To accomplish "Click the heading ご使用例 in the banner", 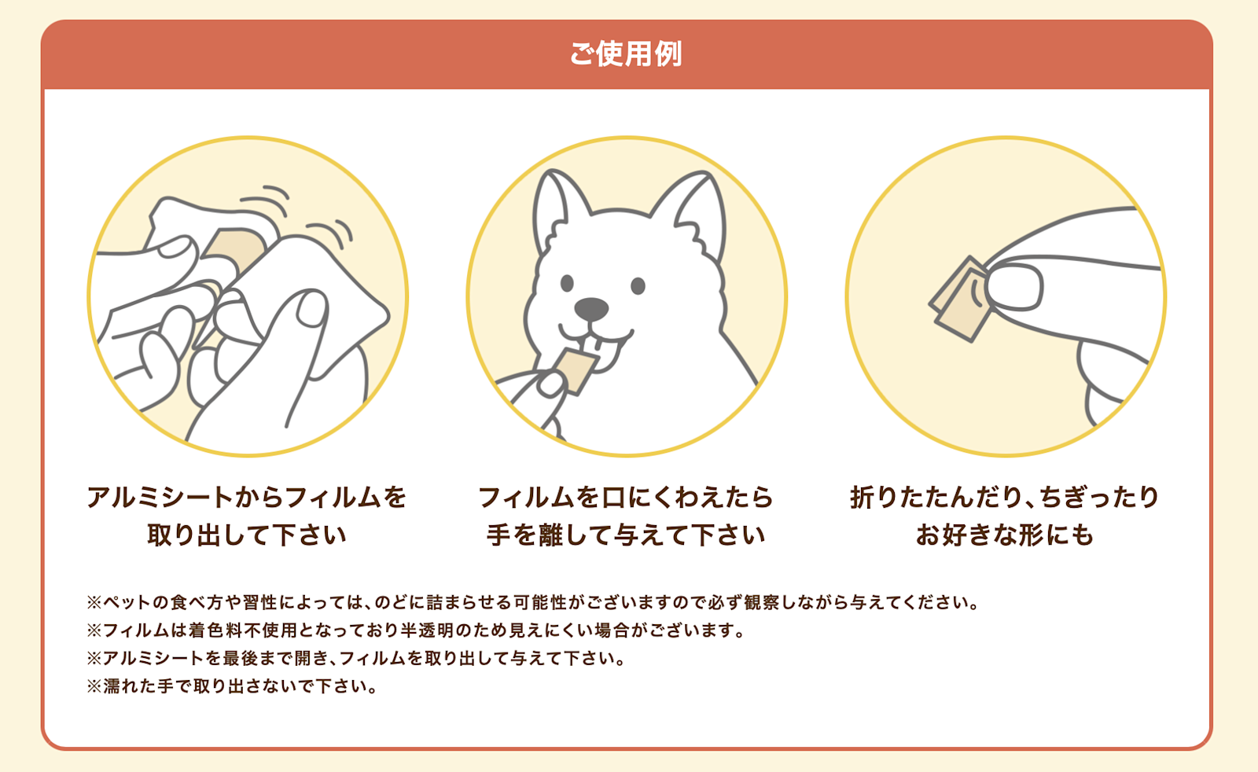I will (626, 53).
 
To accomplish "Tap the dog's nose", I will (591, 309).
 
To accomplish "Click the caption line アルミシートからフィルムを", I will (247, 497).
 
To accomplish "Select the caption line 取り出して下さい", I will (247, 535).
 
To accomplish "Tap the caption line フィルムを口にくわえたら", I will (626, 497).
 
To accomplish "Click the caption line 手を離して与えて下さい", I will (626, 535).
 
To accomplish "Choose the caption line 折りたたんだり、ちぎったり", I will (1005, 497).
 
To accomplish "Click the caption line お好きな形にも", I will (1005, 535).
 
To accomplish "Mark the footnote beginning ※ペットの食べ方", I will (533, 603).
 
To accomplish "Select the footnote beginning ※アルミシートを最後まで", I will (356, 658).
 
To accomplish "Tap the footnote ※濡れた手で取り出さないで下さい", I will (233, 686).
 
